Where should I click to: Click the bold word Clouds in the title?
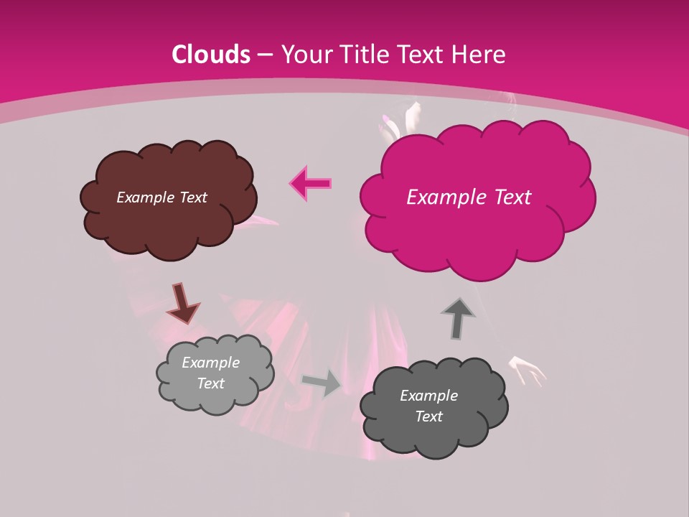pyautogui.click(x=211, y=55)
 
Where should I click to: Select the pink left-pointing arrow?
pyautogui.click(x=311, y=184)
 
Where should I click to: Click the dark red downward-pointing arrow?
pyautogui.click(x=182, y=303)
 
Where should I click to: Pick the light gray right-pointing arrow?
pyautogui.click(x=322, y=383)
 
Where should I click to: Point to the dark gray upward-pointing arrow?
pyautogui.click(x=458, y=319)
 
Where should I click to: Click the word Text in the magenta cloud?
pyautogui.click(x=512, y=197)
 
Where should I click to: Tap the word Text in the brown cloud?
pyautogui.click(x=192, y=197)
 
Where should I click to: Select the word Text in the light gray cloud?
pyautogui.click(x=210, y=383)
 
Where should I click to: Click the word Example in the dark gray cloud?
pyautogui.click(x=428, y=396)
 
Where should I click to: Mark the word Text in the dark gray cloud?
pyautogui.click(x=428, y=416)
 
